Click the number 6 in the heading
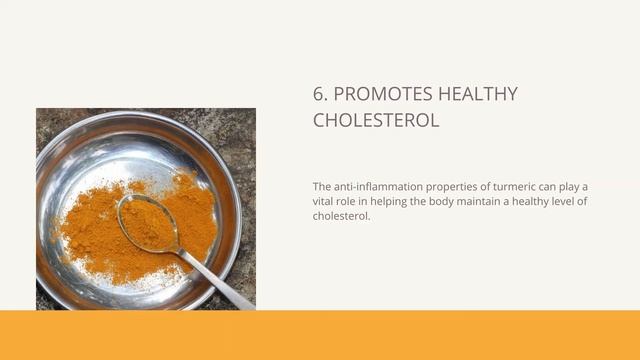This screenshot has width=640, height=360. (319, 95)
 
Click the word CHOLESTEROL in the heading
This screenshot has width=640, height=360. (375, 121)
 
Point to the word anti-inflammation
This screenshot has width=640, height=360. (377, 187)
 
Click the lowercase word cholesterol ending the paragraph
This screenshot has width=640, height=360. (341, 216)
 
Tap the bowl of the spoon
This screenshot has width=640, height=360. (147, 221)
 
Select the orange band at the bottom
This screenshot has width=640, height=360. (320, 335)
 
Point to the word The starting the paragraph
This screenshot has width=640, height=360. (321, 187)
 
